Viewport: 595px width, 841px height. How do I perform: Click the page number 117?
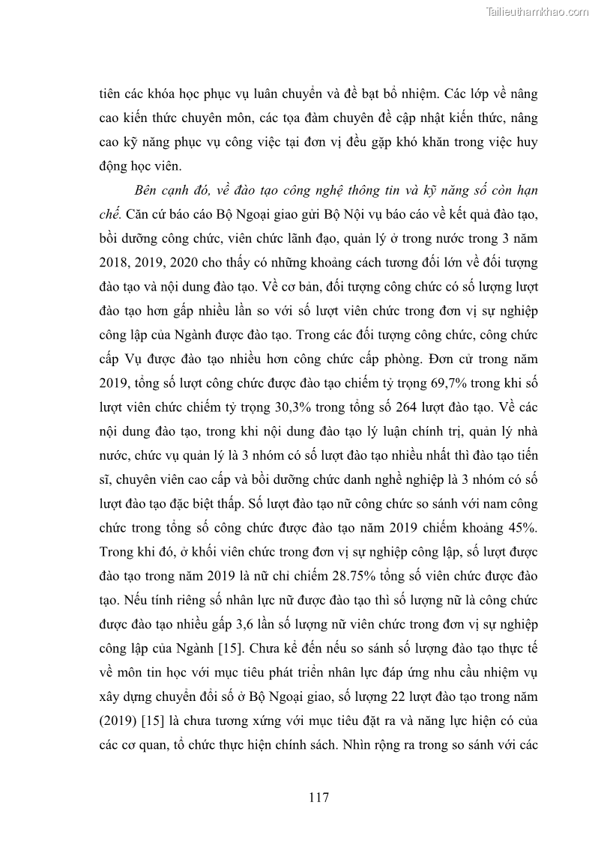click(x=318, y=797)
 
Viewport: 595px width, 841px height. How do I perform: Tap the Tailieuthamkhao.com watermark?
click(x=538, y=11)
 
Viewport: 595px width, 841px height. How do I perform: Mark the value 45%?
click(x=522, y=528)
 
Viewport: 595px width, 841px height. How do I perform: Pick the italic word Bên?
click(x=146, y=191)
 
